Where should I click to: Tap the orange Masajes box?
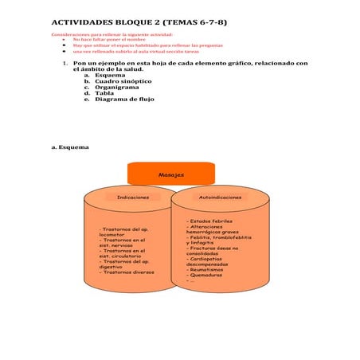[170, 174]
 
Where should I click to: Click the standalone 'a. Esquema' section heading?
[69, 147]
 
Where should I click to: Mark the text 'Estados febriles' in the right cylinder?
[209, 221]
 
